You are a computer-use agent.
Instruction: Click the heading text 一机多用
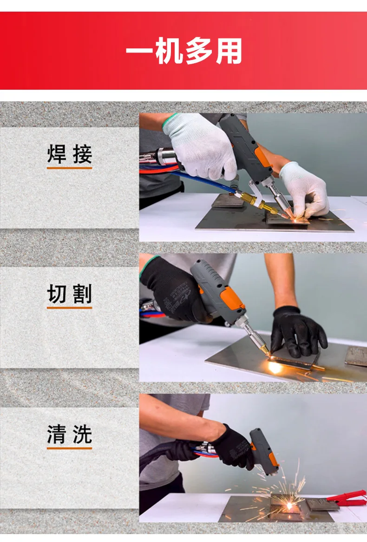(184, 51)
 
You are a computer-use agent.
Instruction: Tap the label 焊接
(70, 154)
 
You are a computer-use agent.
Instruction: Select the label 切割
(70, 294)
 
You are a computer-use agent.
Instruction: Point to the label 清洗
(70, 435)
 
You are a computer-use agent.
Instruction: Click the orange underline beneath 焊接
(70, 168)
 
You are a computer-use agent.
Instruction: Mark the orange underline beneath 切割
(70, 308)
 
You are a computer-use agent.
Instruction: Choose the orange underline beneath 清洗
(70, 449)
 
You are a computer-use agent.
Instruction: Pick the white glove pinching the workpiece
(304, 188)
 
